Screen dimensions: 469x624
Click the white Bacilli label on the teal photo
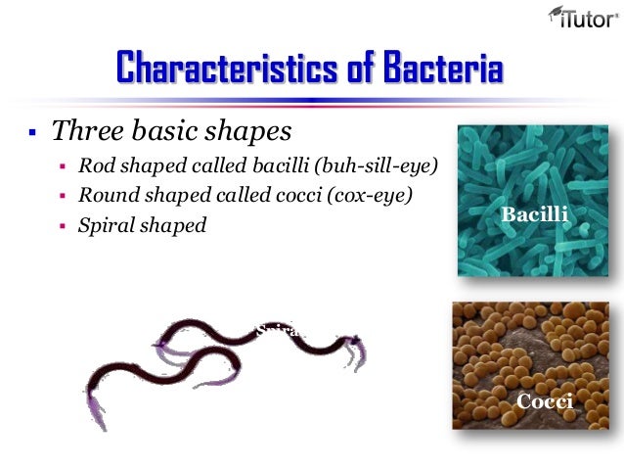click(533, 213)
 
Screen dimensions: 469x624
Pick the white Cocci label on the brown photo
click(544, 401)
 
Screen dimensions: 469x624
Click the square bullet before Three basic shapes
click(32, 131)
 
